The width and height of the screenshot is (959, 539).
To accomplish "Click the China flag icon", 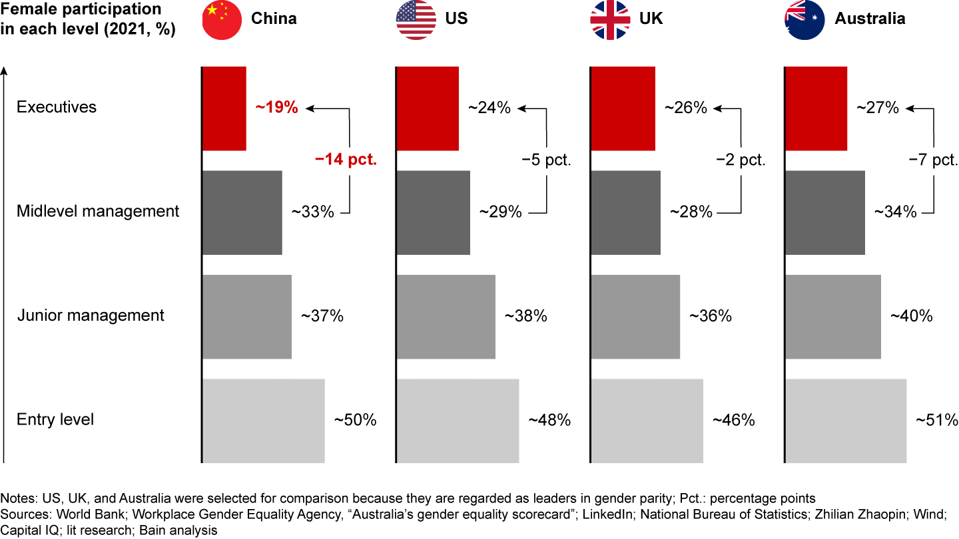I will click(222, 20).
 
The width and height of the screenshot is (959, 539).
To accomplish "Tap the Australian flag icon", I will click(805, 20).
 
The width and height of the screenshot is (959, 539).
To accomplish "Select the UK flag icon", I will click(610, 20).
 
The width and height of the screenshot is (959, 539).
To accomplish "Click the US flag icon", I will click(416, 20).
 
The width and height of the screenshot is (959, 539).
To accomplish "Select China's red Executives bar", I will click(224, 108).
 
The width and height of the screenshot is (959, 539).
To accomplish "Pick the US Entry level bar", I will click(458, 421).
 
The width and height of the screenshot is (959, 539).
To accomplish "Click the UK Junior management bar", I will click(635, 316).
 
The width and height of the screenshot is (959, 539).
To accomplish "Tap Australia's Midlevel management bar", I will click(825, 212).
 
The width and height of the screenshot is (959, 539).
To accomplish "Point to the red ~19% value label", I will click(276, 107).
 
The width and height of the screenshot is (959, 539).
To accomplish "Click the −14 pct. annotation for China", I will click(346, 160).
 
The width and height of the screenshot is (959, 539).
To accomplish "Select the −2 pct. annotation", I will click(741, 160).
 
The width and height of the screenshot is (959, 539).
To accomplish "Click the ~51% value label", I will click(936, 420).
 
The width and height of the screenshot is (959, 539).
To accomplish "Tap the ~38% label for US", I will click(525, 316).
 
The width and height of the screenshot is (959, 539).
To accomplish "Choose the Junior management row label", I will click(91, 315).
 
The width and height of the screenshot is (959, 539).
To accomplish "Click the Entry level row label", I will click(55, 419).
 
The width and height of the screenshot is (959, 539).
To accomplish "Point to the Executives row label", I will click(57, 107).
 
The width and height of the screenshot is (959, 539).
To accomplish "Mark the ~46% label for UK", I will click(733, 420).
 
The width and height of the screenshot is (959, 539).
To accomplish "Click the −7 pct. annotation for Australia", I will click(933, 160).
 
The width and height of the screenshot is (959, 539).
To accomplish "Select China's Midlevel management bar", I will click(242, 212).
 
